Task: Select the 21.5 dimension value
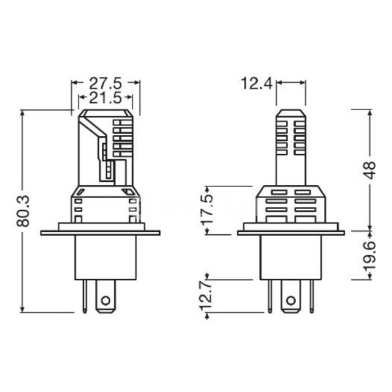click(x=105, y=98)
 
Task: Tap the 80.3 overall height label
click(x=24, y=211)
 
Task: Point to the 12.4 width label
click(x=256, y=83)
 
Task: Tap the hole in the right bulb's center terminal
click(x=290, y=300)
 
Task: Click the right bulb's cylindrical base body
click(x=291, y=257)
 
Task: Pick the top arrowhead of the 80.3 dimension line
click(x=22, y=113)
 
